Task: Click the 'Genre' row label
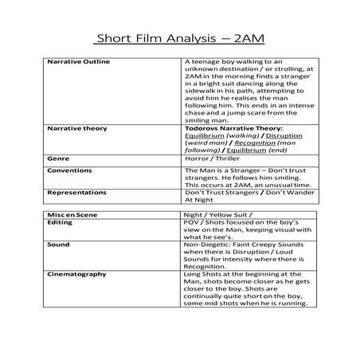click(x=59, y=158)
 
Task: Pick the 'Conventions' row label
click(x=70, y=170)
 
